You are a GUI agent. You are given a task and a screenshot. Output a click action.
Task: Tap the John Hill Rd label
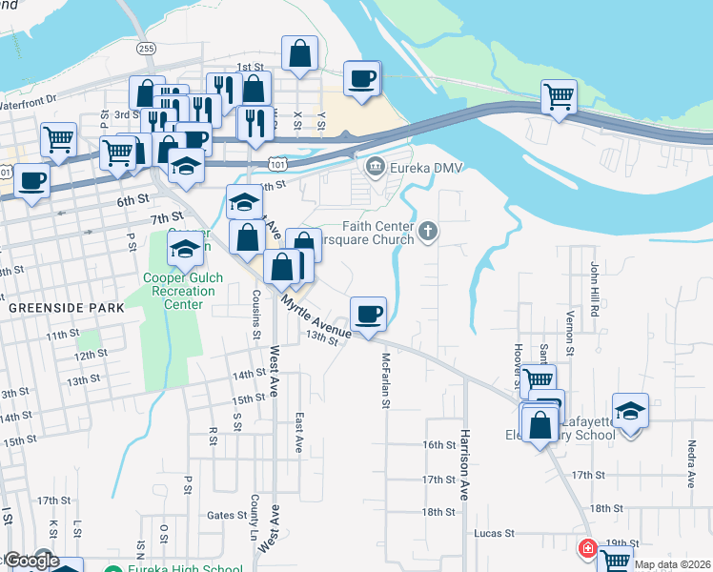[593, 283]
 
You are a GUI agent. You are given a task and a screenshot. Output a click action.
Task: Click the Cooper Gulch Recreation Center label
[183, 291]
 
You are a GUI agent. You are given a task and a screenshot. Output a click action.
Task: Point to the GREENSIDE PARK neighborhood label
[66, 309]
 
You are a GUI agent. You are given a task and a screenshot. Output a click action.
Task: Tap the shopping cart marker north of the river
[559, 95]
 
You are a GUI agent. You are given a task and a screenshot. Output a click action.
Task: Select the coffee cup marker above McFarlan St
[368, 314]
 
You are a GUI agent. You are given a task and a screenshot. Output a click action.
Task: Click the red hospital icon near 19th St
[587, 549]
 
